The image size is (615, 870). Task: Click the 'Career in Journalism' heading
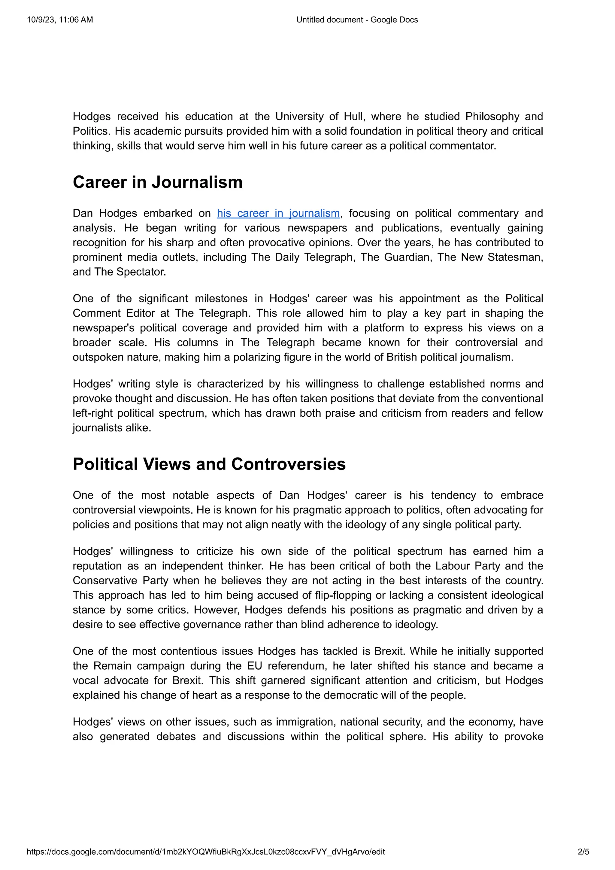pyautogui.click(x=158, y=182)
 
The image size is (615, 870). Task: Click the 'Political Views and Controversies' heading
pyautogui.click(x=209, y=464)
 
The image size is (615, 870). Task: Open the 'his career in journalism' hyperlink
pyautogui.click(x=278, y=213)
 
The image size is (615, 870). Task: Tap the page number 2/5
pyautogui.click(x=583, y=852)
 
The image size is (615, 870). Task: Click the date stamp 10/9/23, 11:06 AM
pyautogui.click(x=60, y=20)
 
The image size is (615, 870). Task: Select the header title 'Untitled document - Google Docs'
pyautogui.click(x=357, y=20)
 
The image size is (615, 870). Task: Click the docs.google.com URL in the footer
pyautogui.click(x=206, y=852)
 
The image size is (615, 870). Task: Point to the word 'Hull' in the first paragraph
pyautogui.click(x=354, y=116)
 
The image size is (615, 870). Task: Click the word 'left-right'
pyautogui.click(x=92, y=413)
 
